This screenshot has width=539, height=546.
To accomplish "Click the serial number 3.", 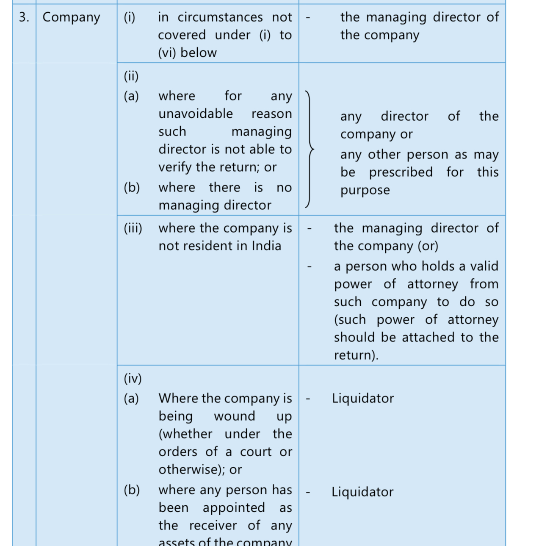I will pos(24,17).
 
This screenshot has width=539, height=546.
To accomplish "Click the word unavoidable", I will pos(196,114).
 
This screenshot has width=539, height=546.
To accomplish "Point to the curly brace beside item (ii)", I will pos(310,149).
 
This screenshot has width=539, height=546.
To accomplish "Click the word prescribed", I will pos(401,172).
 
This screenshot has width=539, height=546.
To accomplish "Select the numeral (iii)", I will pos(133,228).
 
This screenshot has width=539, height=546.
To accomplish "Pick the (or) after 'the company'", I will pos(428,246).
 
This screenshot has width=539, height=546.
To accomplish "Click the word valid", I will pos(484,266).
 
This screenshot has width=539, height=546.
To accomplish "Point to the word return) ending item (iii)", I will pos(356,355).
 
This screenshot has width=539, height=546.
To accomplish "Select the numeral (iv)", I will pos(133,379).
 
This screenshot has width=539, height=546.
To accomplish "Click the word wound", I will pos(235,416).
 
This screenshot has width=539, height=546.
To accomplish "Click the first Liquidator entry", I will pos(363,399).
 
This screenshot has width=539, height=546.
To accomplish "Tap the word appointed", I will pos(234,508).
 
